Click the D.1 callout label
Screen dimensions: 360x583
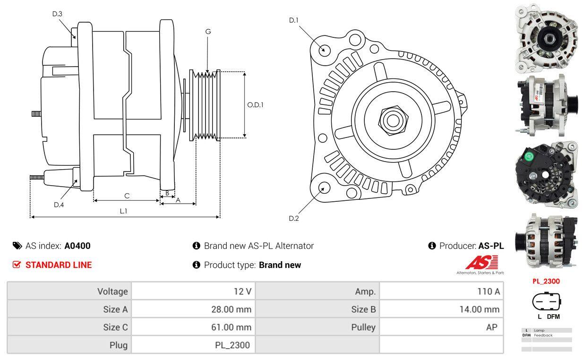[293, 20]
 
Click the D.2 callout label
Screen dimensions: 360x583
[293, 218]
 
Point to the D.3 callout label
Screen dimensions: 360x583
[57, 14]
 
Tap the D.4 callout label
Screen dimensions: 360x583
[59, 205]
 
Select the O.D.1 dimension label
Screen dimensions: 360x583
[255, 105]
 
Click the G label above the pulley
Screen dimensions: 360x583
[208, 32]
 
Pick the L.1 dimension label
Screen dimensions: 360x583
[123, 211]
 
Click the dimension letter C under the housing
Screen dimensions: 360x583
[127, 196]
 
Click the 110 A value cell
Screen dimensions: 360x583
[489, 291]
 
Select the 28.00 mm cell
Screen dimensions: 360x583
[231, 309]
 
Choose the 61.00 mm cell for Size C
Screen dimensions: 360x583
[231, 327]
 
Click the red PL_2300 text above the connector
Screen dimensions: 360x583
[546, 281]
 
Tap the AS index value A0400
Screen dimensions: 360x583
[77, 246]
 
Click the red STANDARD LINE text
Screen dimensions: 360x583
[59, 265]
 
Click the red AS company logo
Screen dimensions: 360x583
[481, 263]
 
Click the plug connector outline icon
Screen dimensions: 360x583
[546, 301]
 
